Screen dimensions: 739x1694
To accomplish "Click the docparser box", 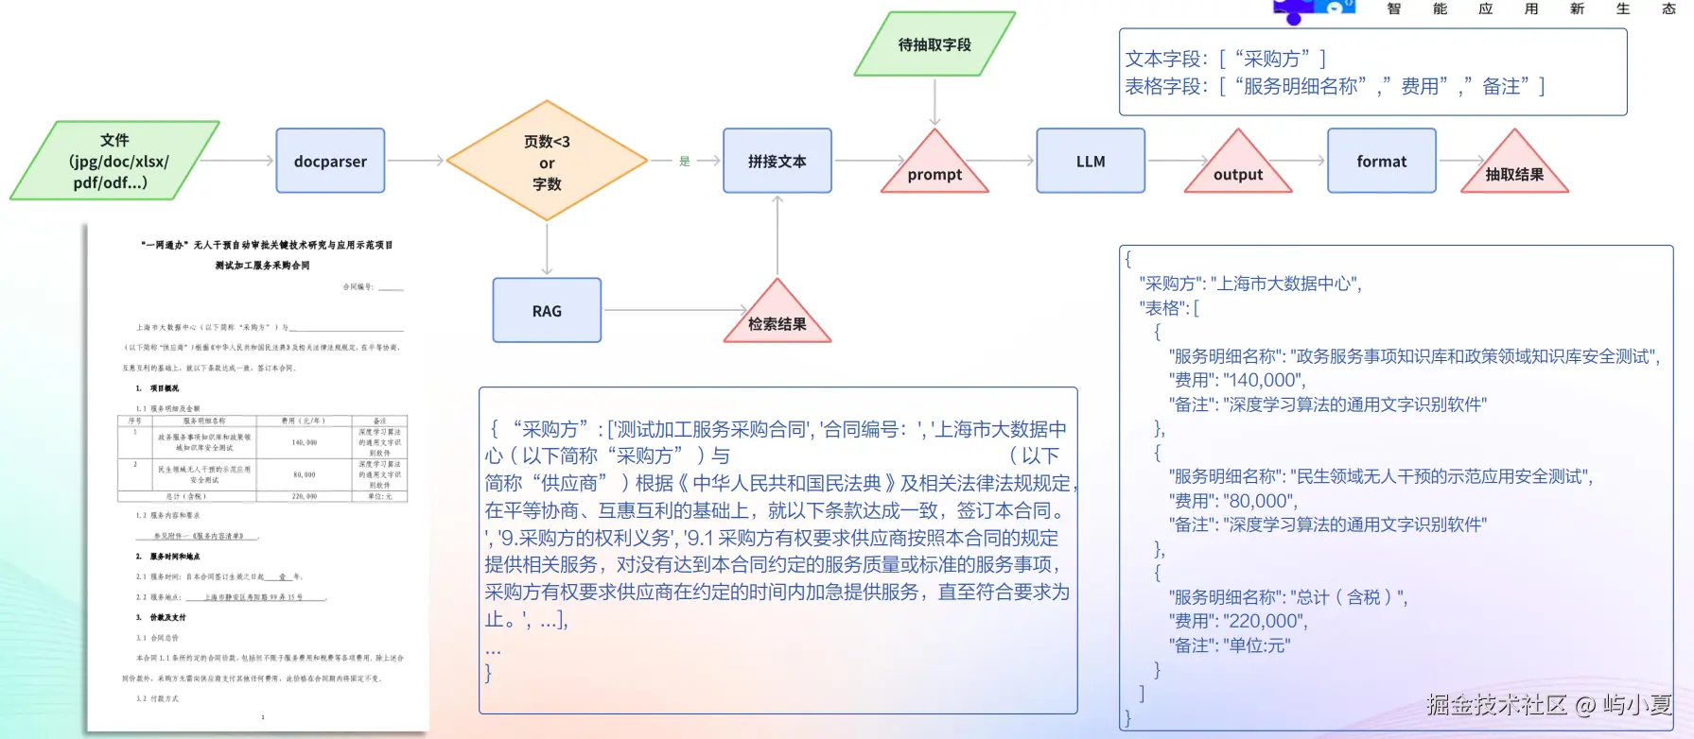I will [330, 161].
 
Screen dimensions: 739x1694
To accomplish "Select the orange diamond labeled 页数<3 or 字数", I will [547, 162].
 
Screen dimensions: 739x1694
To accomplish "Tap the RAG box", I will [547, 310].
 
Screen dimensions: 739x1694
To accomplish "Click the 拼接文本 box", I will [777, 161].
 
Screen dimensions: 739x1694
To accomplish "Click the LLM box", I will [1090, 161].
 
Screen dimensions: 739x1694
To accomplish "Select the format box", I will [1381, 161].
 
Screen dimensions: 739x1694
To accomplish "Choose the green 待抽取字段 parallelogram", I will [934, 44].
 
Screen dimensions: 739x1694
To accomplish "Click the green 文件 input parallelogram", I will [114, 161].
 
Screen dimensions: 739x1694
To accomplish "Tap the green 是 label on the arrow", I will [685, 162].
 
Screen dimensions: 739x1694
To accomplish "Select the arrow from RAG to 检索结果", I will [673, 310].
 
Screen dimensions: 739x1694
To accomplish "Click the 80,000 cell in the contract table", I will [305, 474].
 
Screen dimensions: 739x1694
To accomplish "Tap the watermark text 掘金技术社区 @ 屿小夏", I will [1548, 705].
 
